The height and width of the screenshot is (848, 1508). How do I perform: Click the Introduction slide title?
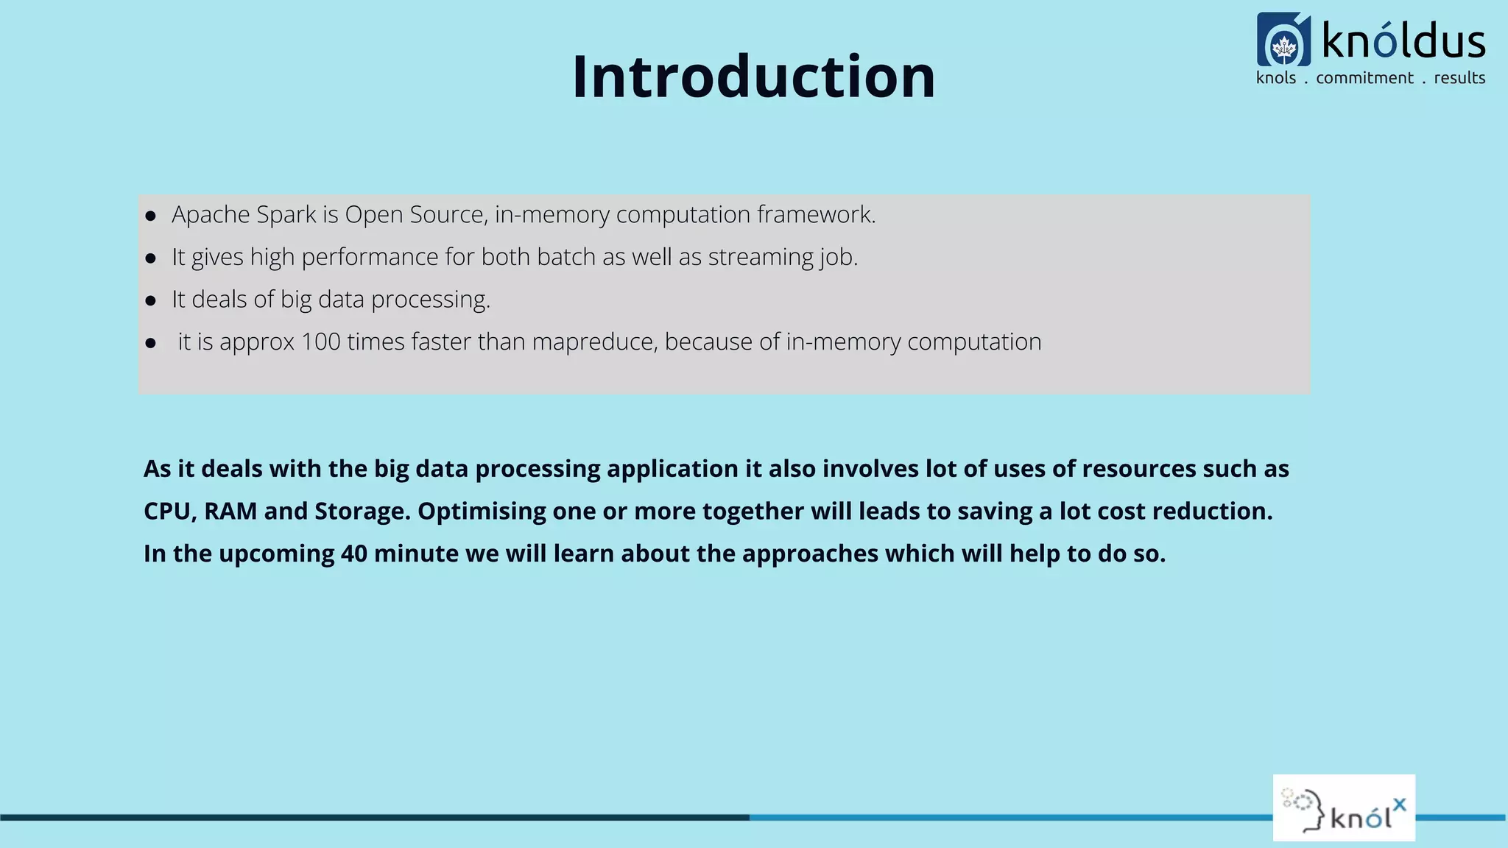(x=753, y=77)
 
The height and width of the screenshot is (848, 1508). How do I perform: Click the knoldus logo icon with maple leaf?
(x=1283, y=40)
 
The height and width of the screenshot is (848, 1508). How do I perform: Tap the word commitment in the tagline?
(x=1364, y=78)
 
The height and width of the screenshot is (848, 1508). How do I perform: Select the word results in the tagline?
(x=1459, y=78)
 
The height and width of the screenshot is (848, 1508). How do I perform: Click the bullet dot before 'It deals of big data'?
(x=151, y=300)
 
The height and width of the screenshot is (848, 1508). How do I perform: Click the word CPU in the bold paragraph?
(x=167, y=511)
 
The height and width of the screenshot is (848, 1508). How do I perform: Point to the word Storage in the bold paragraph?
(x=362, y=511)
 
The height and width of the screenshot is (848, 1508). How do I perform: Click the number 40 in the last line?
(x=354, y=554)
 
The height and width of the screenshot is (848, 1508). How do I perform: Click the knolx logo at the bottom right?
(x=1344, y=808)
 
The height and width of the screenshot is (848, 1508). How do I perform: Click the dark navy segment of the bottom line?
(x=368, y=817)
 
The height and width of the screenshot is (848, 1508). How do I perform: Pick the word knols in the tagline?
(x=1276, y=78)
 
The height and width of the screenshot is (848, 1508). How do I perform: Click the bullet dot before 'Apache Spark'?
(x=151, y=216)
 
